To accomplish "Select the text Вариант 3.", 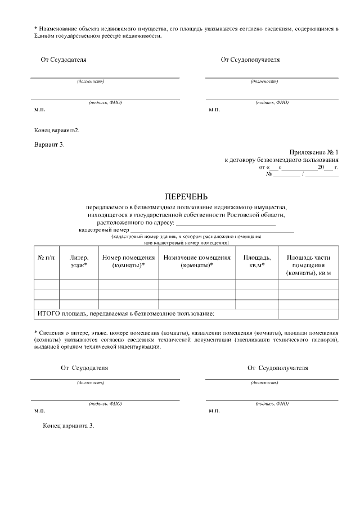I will (49, 145).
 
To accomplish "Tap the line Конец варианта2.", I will (57, 130).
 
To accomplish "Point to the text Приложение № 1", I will (314, 152).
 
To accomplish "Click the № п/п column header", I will (46, 258).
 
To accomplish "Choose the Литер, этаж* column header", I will (79, 262).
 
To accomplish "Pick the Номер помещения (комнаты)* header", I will (128, 262).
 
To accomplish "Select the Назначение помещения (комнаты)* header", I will (196, 262).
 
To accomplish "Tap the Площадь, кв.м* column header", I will (256, 262).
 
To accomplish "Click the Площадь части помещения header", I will (308, 265).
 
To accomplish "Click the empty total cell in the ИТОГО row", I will (308, 313).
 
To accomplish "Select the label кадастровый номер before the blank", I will (103, 230).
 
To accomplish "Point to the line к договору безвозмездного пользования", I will (281, 160).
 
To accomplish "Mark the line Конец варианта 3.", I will (69, 426).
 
